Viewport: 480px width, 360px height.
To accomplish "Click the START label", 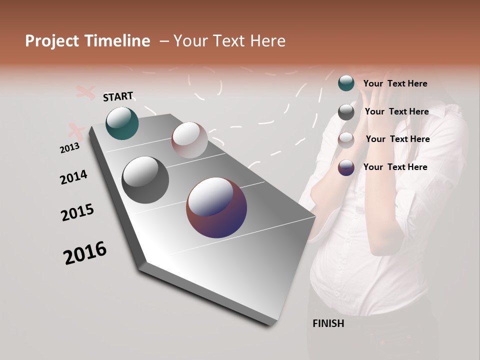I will point(118,96).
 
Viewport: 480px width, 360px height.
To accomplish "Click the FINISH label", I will point(328,323).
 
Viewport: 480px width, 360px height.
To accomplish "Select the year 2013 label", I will point(69,148).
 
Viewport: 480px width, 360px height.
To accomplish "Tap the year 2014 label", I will point(73,177).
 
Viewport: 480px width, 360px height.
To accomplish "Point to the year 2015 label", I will point(77,212).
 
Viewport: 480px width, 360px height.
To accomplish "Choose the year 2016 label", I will point(85,253).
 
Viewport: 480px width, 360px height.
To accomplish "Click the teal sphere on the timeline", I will point(122,123).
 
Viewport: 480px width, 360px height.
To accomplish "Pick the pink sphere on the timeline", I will point(189,140).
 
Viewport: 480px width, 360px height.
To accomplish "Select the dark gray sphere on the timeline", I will point(145,179).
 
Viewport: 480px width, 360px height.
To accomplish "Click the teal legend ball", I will point(346,83).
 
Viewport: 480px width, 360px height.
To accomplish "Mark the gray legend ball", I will point(346,111).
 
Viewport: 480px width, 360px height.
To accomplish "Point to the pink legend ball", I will point(346,140).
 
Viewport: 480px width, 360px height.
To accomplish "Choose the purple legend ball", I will point(346,167).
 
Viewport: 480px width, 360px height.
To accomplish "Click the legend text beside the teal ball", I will point(395,83).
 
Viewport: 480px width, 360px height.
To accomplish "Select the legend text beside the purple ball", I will point(395,167).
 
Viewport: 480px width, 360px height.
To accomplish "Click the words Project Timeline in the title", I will point(87,41).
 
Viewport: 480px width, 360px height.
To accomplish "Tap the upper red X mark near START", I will point(85,92).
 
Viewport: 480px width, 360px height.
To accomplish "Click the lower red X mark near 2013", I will point(76,131).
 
